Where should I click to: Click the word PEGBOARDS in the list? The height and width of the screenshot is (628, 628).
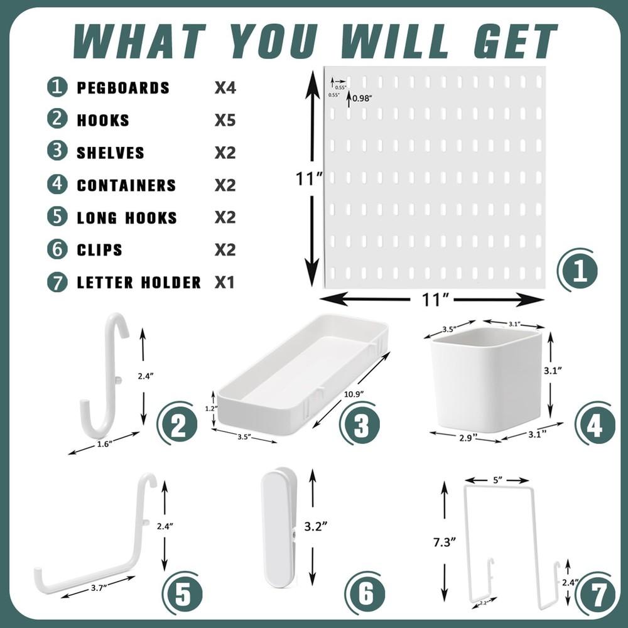(x=123, y=87)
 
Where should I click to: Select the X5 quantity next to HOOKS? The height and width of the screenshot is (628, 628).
(x=225, y=120)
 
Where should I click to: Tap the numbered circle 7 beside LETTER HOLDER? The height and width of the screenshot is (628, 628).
(x=57, y=282)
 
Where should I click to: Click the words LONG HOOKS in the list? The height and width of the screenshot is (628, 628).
(x=127, y=218)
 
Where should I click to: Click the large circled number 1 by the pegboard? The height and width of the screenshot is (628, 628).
(x=577, y=271)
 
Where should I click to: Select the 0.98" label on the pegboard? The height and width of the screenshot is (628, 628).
(x=362, y=98)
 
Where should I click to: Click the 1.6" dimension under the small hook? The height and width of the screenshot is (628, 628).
(x=104, y=444)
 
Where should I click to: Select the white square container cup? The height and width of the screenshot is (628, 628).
(x=487, y=381)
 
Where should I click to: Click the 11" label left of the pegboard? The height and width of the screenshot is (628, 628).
(x=309, y=179)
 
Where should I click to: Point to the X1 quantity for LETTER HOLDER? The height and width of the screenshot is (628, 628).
(x=225, y=283)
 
